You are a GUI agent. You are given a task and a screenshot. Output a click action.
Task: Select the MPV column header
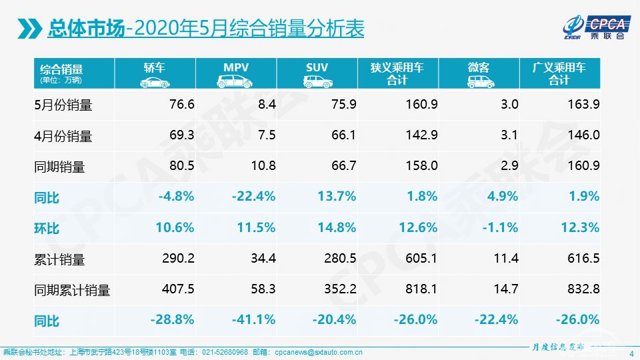(x=236, y=73)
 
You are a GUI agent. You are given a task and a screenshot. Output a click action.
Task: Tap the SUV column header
(x=317, y=73)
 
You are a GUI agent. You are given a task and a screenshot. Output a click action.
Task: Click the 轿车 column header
(x=155, y=73)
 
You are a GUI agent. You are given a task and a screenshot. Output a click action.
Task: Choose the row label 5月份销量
(x=63, y=105)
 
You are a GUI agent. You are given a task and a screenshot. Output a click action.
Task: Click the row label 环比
(x=47, y=228)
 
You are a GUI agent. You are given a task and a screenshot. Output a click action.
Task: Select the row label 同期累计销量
(x=71, y=290)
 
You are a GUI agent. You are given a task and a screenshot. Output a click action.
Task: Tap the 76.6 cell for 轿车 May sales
(x=181, y=105)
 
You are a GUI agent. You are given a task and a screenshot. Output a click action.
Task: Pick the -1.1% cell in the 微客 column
(x=501, y=228)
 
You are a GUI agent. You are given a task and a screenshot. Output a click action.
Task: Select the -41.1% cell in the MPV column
(x=253, y=320)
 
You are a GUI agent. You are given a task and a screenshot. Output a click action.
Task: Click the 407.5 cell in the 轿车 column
(x=178, y=290)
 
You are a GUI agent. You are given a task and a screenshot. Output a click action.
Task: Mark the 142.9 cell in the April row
(x=421, y=135)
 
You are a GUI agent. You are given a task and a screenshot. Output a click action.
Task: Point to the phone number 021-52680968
(x=223, y=352)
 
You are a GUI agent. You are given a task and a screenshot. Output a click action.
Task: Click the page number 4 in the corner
(x=631, y=354)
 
